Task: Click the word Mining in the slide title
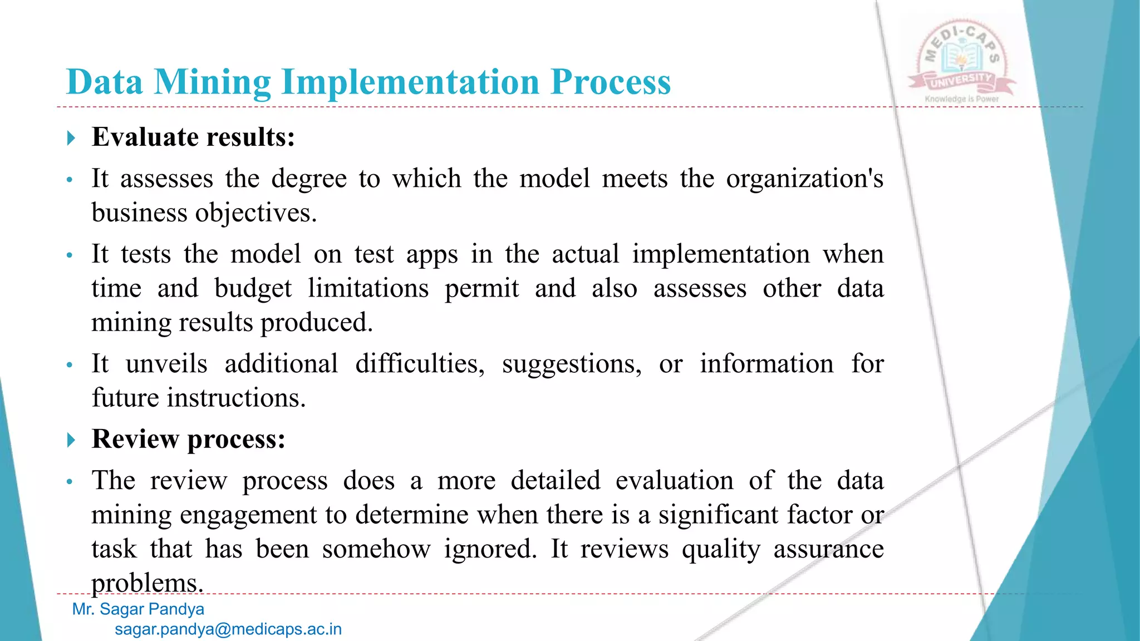pyautogui.click(x=212, y=82)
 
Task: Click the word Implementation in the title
pyautogui.click(x=411, y=82)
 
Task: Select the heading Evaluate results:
pyautogui.click(x=193, y=137)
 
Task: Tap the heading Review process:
pyautogui.click(x=189, y=439)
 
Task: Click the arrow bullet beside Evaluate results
pyautogui.click(x=71, y=137)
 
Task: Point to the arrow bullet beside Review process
pyautogui.click(x=71, y=440)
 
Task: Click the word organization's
pyautogui.click(x=804, y=179)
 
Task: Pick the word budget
pyautogui.click(x=253, y=289)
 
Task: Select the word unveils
pyautogui.click(x=166, y=364)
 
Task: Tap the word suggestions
pyautogui.click(x=572, y=364)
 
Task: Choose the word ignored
pyautogui.click(x=490, y=549)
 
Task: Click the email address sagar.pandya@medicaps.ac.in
pyautogui.click(x=228, y=629)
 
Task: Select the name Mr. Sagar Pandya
pyautogui.click(x=138, y=609)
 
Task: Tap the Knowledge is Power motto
pyautogui.click(x=962, y=99)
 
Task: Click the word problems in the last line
pyautogui.click(x=147, y=583)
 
